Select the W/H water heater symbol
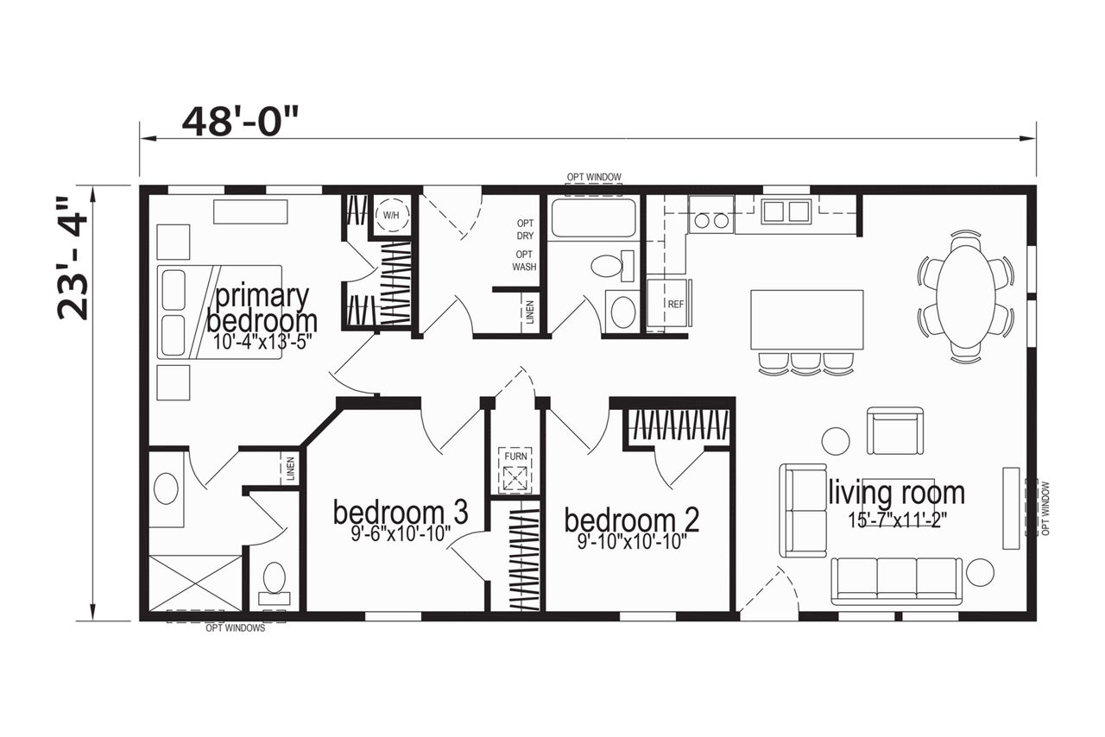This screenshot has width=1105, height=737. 391,215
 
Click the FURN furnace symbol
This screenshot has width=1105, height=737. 515,471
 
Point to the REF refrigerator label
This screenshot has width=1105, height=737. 675,305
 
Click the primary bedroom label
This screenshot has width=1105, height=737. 262,309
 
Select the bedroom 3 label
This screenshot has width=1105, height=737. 401,513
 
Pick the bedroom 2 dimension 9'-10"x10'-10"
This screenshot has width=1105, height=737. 633,543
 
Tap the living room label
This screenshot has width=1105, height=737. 896,493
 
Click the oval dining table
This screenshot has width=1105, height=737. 966,297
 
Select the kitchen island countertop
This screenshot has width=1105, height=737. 806,319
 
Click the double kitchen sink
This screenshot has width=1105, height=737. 786,211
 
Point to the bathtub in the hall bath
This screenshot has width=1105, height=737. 593,217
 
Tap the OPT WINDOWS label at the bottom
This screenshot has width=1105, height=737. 236,628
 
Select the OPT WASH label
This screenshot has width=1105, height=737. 524,261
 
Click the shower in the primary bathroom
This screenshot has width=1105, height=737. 195,583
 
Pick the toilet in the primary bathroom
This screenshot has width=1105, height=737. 275,583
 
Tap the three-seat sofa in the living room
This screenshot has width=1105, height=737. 896,581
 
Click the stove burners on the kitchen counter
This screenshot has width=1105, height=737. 710,221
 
